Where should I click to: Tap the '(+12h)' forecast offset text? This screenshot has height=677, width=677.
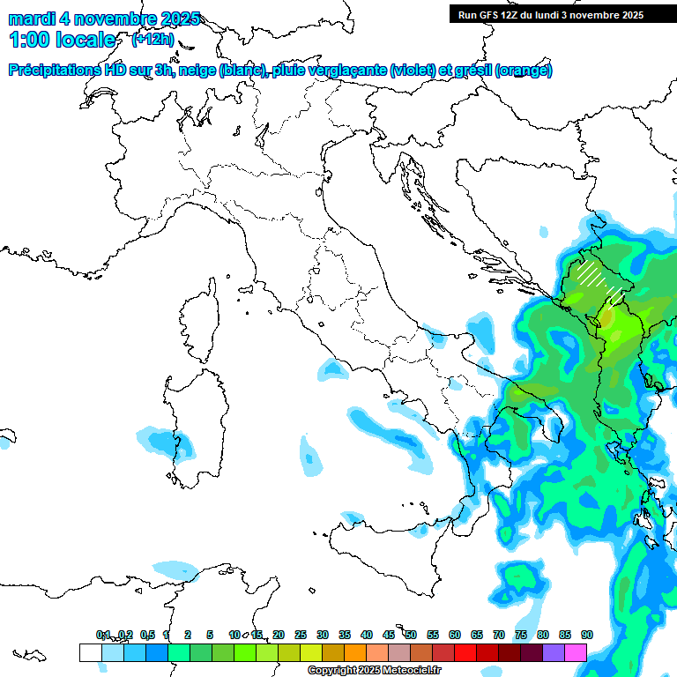tap(153, 40)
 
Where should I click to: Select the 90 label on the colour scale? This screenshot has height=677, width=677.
tap(587, 635)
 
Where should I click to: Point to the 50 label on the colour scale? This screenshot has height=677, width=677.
tap(411, 635)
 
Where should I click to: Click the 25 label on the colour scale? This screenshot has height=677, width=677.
tap(301, 635)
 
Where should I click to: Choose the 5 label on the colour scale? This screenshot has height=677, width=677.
tap(210, 635)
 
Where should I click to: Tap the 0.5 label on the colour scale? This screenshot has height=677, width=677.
tap(147, 635)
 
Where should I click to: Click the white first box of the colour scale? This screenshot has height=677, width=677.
tap(90, 652)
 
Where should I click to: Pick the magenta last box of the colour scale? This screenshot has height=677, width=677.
tap(576, 652)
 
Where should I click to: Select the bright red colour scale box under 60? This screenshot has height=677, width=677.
tap(465, 652)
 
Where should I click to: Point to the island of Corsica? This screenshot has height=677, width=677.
tap(200, 317)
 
